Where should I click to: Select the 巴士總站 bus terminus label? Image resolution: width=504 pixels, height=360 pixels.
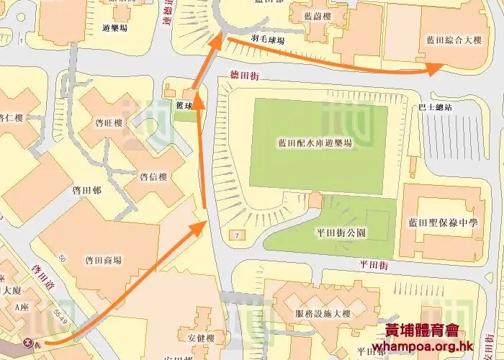pos(435,107)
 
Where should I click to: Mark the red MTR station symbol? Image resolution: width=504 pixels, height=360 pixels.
pos(30,341)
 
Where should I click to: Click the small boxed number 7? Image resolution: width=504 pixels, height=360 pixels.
pos(235,235)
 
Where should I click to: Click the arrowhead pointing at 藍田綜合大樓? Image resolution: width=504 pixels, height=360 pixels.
pos(435,69)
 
